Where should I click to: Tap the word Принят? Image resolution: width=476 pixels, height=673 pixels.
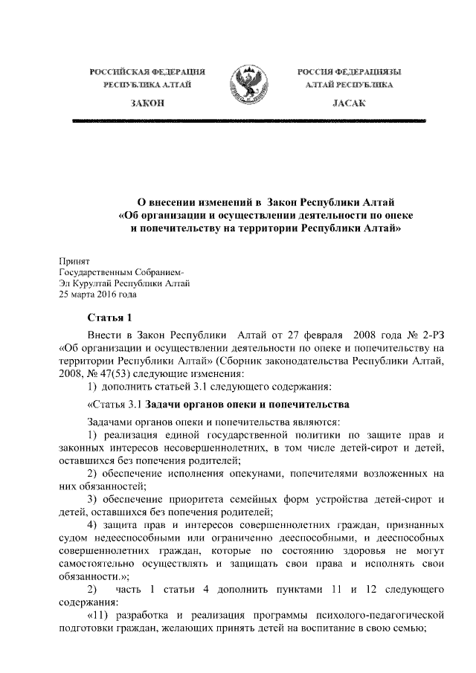coord(74,261)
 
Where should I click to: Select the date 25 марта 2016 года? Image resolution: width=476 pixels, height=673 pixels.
coord(97,293)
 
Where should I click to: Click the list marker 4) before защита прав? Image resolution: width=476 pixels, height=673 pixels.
coord(94,521)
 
